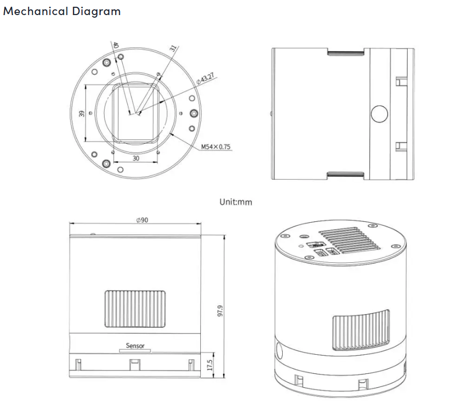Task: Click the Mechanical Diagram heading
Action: [x=62, y=11]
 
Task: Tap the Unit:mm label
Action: [x=235, y=202]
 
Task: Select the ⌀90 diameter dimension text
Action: [x=142, y=220]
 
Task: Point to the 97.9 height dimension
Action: [x=220, y=311]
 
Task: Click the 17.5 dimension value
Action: [x=210, y=365]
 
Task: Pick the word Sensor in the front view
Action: [x=135, y=346]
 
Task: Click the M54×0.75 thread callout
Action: [x=216, y=147]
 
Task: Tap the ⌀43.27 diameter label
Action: [x=205, y=78]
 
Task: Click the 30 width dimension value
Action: [x=136, y=158]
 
